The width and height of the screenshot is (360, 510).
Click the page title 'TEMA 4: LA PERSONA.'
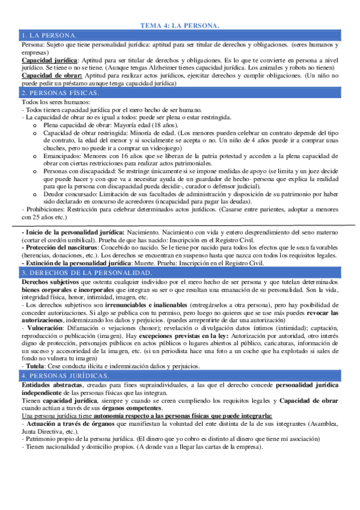[x=180, y=25]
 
